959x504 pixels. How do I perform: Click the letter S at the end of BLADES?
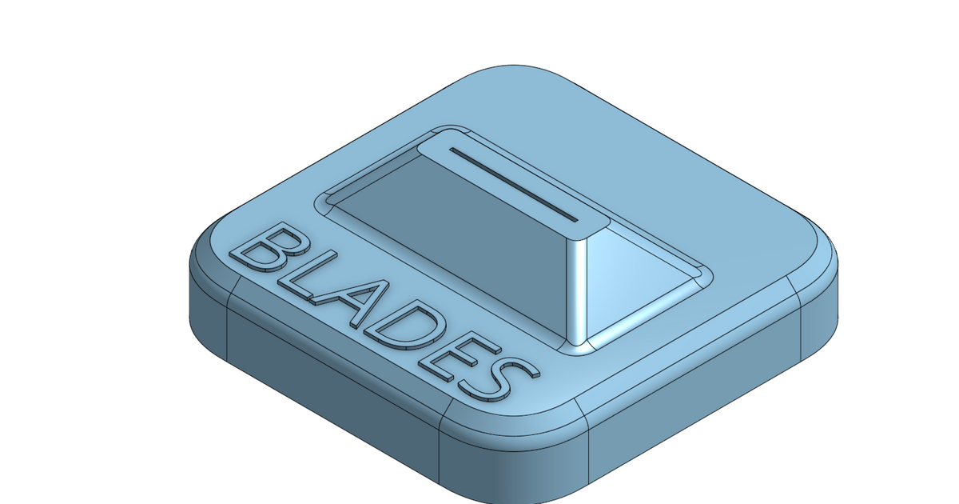(x=497, y=380)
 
